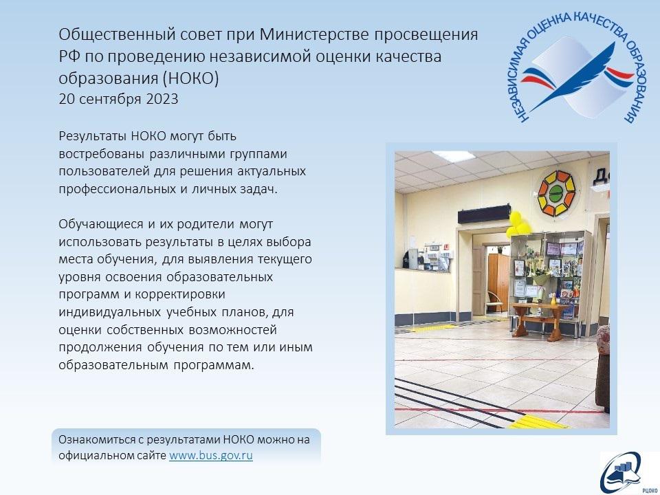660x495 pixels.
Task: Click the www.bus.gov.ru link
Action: pyautogui.click(x=211, y=455)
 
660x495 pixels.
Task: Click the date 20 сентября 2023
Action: pyautogui.click(x=119, y=99)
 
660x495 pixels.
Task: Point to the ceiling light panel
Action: pyautogui.click(x=454, y=156)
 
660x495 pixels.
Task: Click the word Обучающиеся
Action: pyautogui.click(x=101, y=224)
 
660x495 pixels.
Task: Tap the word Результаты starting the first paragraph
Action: pyautogui.click(x=93, y=137)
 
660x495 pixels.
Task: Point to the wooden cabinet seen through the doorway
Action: pyautogui.click(x=498, y=283)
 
